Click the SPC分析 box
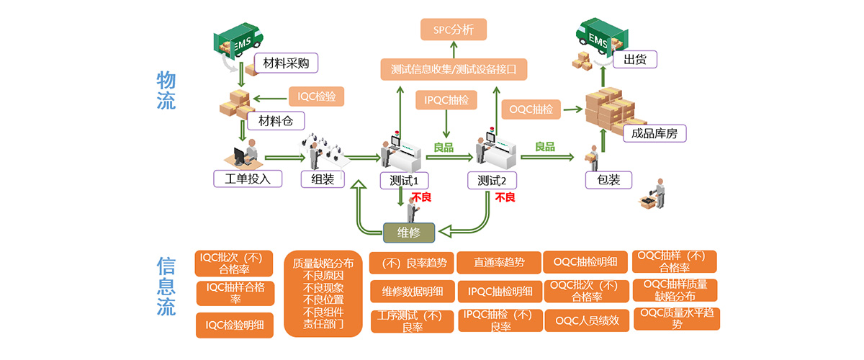coord(454,30)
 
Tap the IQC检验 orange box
coord(317,96)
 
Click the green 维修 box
coord(408,232)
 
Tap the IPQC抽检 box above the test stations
coord(447,100)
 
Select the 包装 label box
coord(608,179)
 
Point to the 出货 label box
coord(635,59)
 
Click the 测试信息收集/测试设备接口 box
coord(454,70)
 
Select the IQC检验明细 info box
coord(235,325)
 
